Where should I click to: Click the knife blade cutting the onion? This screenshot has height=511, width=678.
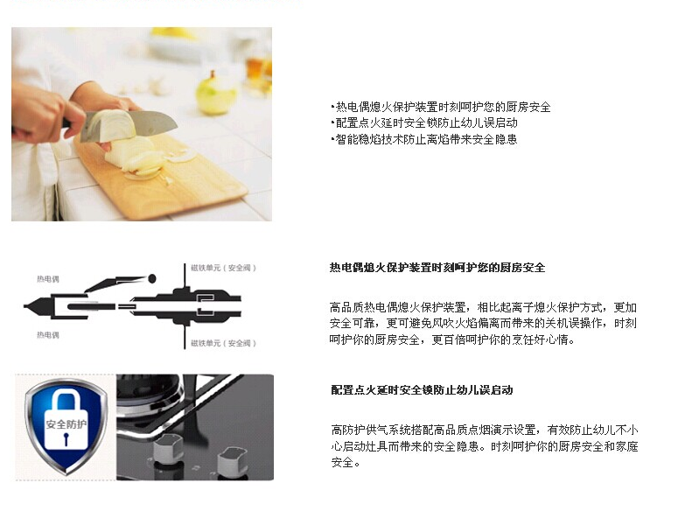pos(129,125)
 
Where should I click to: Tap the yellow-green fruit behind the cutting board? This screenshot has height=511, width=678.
pos(216,94)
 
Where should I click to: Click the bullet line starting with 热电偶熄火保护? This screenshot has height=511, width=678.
pos(441,107)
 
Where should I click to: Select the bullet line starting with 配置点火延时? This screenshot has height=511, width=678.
pos(424,122)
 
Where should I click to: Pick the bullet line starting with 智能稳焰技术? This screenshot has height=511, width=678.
pos(423,139)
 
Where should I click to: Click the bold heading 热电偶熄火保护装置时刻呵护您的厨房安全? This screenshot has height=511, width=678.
pos(437,268)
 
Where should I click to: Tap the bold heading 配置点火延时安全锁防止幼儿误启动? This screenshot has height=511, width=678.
pos(422,390)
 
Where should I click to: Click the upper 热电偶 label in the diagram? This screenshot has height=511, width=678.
pos(48,279)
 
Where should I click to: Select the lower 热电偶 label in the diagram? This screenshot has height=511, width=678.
pos(48,335)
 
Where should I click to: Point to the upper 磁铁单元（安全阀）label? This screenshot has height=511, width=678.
pos(224,268)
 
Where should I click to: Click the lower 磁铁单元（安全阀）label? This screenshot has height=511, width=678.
pos(224,343)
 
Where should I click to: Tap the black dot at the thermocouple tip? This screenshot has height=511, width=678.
pos(152,278)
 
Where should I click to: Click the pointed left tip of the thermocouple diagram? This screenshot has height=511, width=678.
pos(24,306)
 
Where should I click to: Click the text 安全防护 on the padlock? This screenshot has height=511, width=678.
pos(66,424)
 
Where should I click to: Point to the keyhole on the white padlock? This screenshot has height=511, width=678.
pos(66,439)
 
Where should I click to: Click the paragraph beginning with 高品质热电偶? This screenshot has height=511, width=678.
pos(483,324)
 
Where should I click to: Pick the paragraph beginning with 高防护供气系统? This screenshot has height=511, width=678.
pos(485,446)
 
